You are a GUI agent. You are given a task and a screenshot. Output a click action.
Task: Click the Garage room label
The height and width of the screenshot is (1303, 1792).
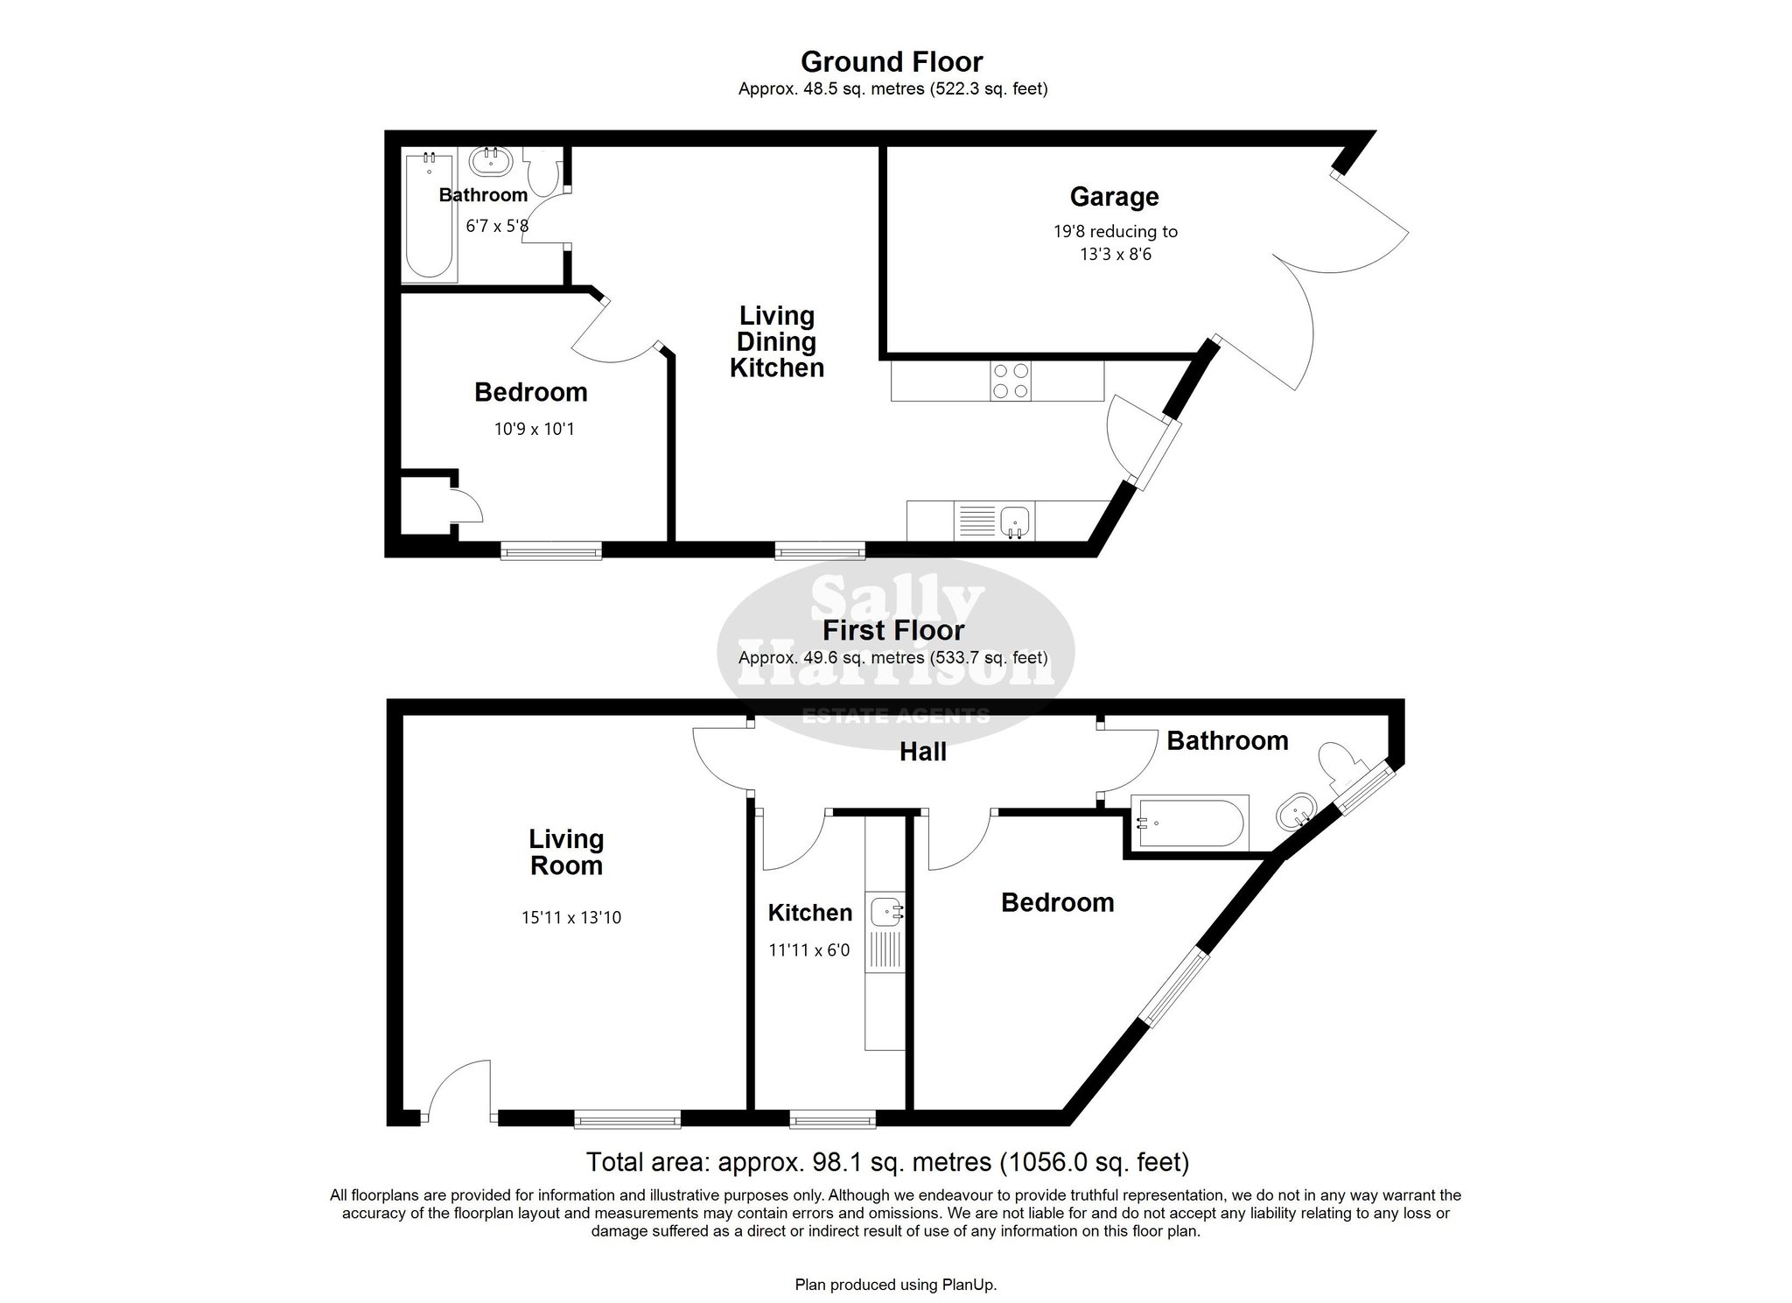(x=1114, y=198)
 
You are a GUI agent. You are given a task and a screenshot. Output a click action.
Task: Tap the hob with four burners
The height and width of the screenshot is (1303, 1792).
(x=1011, y=381)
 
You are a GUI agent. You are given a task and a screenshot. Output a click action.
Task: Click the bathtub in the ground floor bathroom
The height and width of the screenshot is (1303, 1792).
(x=429, y=216)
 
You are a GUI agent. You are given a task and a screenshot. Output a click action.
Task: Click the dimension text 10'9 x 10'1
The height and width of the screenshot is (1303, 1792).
(x=533, y=429)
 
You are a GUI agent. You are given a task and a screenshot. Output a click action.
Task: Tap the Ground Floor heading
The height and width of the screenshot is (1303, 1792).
(x=892, y=62)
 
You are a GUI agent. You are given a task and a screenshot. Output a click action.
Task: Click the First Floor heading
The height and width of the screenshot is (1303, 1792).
(x=893, y=630)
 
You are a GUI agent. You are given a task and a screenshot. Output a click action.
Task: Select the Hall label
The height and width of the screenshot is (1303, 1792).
(x=923, y=752)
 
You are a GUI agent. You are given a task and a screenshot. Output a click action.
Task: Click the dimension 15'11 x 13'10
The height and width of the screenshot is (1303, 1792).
(x=571, y=918)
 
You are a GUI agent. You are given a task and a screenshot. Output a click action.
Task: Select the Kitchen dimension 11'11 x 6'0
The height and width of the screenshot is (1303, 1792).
(x=809, y=949)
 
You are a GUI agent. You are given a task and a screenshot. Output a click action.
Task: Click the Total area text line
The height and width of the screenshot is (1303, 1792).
(x=887, y=1162)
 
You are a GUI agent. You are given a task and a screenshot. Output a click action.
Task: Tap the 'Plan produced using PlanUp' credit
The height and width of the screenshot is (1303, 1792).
(x=895, y=1285)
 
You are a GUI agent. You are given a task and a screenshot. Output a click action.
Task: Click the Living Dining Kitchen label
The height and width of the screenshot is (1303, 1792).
(x=777, y=341)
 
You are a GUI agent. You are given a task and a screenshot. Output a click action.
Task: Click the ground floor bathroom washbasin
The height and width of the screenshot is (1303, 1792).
(x=490, y=161)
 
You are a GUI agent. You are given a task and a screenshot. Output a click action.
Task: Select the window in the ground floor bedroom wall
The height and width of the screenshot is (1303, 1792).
(x=551, y=550)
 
